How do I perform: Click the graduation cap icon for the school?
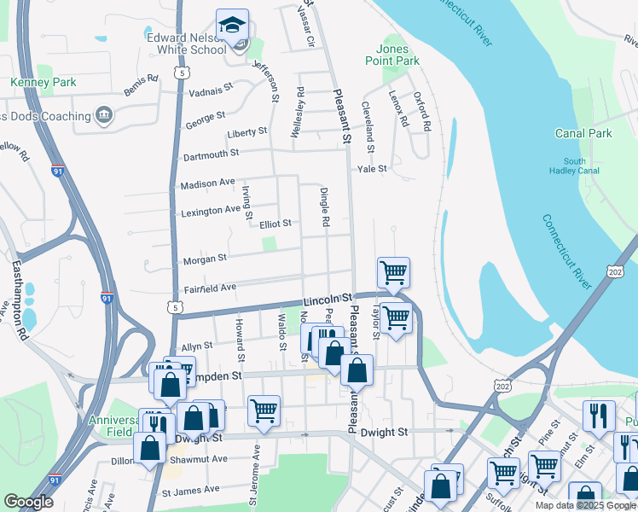pyautogui.click(x=231, y=26)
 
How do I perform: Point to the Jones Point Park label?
pyautogui.click(x=398, y=55)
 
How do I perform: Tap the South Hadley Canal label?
pyautogui.click(x=580, y=166)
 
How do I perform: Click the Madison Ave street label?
pyautogui.click(x=207, y=183)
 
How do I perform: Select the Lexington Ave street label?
pyautogui.click(x=210, y=210)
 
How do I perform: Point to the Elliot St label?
pyautogui.click(x=275, y=224)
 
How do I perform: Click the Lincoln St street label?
pyautogui.click(x=328, y=300)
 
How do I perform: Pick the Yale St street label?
pyautogui.click(x=372, y=169)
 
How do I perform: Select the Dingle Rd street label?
pyautogui.click(x=325, y=207)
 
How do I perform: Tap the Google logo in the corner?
pyautogui.click(x=28, y=502)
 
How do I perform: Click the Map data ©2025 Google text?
pyautogui.click(x=584, y=505)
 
